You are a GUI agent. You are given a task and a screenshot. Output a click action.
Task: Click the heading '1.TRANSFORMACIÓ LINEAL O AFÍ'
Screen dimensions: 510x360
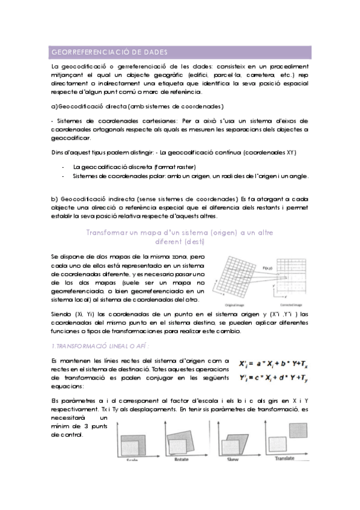[x=99, y=346]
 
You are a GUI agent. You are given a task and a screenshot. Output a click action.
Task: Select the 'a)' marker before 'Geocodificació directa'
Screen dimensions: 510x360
[x=55, y=106]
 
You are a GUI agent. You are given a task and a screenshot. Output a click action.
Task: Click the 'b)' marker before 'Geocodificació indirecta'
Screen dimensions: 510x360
[x=55, y=198]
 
